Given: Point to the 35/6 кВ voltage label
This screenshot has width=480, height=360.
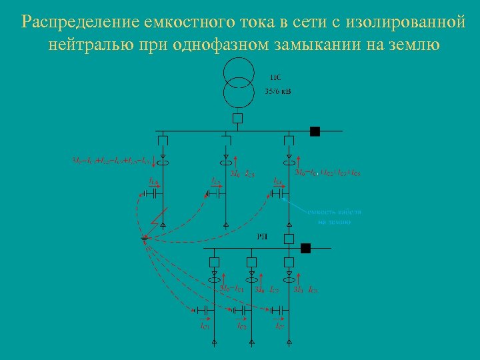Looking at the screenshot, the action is click(x=279, y=91).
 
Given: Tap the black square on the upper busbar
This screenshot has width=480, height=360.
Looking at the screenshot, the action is click(x=315, y=131).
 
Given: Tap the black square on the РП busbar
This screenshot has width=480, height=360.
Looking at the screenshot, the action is click(x=306, y=249).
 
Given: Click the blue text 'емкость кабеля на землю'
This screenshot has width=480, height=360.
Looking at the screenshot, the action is click(x=334, y=216).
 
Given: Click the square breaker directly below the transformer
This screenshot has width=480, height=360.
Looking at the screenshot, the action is click(x=238, y=119).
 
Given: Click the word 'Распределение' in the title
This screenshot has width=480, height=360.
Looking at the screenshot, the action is click(x=79, y=22).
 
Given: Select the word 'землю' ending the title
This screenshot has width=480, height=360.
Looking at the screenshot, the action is click(x=413, y=45).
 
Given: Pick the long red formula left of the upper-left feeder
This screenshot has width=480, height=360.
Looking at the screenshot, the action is click(x=111, y=161).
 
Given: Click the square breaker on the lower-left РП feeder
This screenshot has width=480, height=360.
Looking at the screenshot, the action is click(x=215, y=261).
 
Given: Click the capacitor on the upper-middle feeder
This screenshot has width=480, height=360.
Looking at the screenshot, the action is click(x=215, y=193).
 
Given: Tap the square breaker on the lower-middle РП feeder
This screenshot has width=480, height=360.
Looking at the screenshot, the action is click(x=251, y=261).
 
